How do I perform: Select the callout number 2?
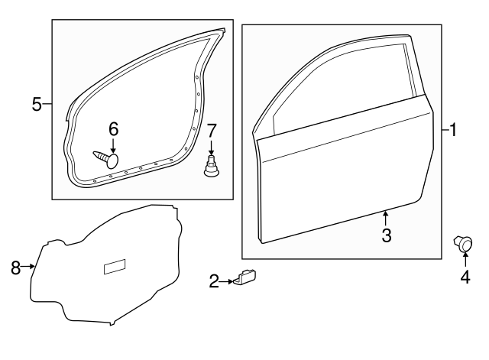point(214,283)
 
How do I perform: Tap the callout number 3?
point(387,235)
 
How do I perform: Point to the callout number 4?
point(465,278)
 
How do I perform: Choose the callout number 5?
point(37,104)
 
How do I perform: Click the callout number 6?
point(113,129)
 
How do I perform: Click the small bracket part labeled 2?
point(245,278)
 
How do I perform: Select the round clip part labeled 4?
point(463,244)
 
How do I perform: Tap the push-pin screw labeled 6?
point(107,159)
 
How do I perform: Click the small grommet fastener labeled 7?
point(212,167)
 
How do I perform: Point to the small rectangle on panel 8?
point(115,267)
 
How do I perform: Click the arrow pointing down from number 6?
point(113,145)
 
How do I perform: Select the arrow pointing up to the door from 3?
point(387,219)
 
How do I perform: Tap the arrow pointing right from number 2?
point(227,283)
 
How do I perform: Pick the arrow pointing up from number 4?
point(465,260)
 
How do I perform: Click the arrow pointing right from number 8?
point(31,266)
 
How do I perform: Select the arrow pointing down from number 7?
point(212,147)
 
